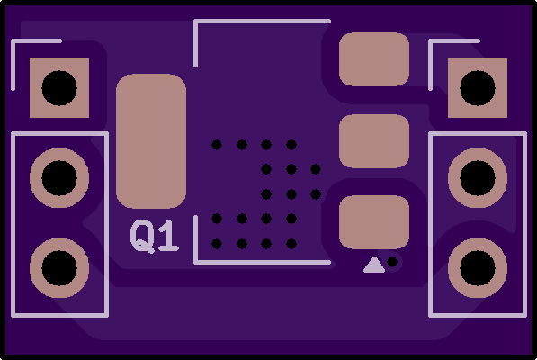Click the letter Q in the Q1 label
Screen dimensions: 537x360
[142, 237]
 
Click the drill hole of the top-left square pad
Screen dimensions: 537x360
[59, 88]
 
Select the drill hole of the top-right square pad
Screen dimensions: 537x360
[478, 88]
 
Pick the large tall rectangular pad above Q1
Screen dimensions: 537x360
[151, 141]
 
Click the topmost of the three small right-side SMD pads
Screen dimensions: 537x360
[374, 59]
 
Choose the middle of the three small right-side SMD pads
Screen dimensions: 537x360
[374, 141]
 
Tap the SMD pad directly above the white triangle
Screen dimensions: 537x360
[374, 222]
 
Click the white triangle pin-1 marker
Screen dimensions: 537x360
[374, 265]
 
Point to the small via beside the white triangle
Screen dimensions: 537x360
[392, 262]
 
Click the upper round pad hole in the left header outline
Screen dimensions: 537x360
[59, 178]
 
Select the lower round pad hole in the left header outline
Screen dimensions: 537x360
[59, 268]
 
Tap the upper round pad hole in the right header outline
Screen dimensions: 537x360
[478, 178]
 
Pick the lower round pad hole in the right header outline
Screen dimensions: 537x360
[478, 268]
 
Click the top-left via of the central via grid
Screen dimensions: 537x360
[217, 145]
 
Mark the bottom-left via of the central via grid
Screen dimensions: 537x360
[217, 244]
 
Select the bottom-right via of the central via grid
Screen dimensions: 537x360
[291, 244]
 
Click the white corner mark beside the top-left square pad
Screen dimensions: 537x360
[13, 41]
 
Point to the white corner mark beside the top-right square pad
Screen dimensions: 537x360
[431, 41]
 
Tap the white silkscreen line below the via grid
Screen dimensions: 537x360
[263, 263]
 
